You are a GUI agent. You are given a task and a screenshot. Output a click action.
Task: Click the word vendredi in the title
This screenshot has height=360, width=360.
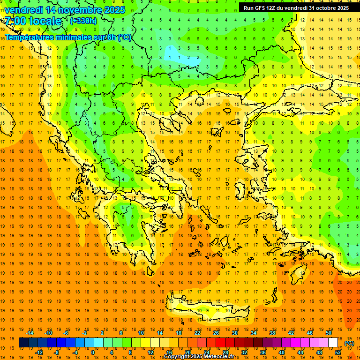pos(24,10)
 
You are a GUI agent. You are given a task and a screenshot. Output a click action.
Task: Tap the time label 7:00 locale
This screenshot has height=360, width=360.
pos(33,21)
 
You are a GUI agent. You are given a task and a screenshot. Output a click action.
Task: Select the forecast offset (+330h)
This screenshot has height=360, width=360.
pos(83,21)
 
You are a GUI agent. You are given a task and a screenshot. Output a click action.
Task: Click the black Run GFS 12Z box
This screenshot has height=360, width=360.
pos(296,8)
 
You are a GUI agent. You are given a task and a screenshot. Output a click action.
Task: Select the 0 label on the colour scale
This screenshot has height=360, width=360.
pos(92,352)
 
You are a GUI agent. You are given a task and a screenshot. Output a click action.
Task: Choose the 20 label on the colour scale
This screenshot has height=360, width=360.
pos(187,352)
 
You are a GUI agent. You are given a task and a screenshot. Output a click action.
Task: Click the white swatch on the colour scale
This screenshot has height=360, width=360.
pos(333,343)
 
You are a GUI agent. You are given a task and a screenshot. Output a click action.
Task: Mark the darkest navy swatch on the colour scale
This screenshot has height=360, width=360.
pos(23,343)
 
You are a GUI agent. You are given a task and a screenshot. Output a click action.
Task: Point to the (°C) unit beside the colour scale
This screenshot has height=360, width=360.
pos(349,343)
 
